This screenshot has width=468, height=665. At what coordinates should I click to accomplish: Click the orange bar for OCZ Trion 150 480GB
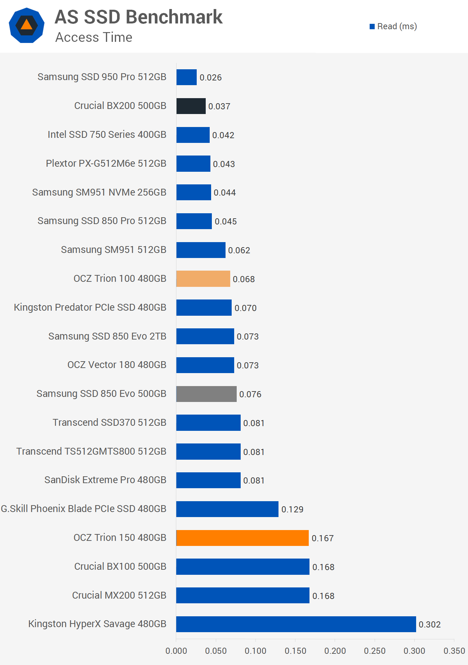(242, 538)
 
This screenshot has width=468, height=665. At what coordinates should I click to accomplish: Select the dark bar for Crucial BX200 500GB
(191, 106)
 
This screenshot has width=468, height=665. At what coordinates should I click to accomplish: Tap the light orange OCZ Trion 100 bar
(203, 279)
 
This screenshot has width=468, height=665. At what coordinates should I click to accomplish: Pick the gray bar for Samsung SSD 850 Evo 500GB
(206, 394)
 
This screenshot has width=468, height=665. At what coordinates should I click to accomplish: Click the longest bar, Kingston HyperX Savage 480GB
(296, 624)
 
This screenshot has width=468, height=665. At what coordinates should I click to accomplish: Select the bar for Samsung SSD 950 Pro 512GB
(186, 77)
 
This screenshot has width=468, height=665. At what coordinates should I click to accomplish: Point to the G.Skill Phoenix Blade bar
(227, 509)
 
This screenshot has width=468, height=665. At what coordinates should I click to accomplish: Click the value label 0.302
(429, 625)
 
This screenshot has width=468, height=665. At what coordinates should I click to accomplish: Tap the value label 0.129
(292, 509)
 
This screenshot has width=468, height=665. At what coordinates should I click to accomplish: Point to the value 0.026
(210, 78)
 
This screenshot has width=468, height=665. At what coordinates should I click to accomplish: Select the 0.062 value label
(239, 250)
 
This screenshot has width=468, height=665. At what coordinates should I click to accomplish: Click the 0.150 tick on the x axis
(295, 651)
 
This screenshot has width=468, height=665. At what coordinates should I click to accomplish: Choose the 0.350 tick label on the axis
(454, 651)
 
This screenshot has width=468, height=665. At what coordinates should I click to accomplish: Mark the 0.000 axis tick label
(176, 651)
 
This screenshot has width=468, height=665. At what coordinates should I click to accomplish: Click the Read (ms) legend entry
(393, 26)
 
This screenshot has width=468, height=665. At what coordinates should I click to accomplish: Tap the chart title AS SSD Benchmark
(139, 17)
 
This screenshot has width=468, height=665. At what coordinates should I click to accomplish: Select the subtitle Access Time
(94, 38)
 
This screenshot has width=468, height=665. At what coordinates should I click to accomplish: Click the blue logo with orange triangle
(27, 25)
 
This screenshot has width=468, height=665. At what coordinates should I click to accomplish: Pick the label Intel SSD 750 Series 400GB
(107, 135)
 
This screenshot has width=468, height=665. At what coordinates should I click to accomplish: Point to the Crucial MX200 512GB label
(119, 595)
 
